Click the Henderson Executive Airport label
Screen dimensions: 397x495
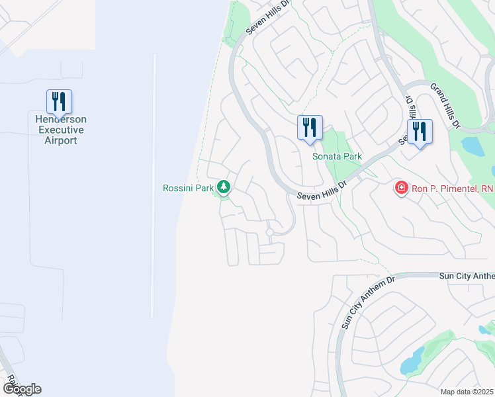(61, 130)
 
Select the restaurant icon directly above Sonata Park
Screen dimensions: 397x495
(310, 128)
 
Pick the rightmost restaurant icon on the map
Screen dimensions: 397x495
(420, 132)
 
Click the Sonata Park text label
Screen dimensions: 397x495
(337, 156)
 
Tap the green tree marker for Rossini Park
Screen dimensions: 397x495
(224, 188)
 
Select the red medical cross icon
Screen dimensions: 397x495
(401, 189)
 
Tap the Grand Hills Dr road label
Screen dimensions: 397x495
(444, 105)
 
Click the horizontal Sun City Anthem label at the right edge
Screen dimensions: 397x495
(467, 275)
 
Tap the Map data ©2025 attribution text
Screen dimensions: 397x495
(467, 392)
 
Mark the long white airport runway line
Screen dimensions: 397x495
(154, 185)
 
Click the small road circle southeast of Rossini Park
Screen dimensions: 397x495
(270, 232)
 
